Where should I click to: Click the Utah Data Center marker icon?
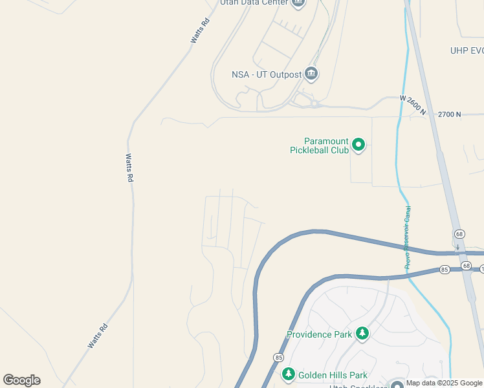click(x=298, y=3)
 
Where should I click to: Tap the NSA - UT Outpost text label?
click(x=267, y=74)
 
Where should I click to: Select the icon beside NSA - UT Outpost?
click(x=311, y=74)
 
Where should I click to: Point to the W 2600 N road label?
click(x=413, y=105)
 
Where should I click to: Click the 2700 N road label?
click(x=450, y=114)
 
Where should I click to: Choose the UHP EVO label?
click(x=467, y=50)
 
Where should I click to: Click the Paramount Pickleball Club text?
click(x=327, y=145)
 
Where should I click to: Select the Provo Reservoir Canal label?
click(x=408, y=237)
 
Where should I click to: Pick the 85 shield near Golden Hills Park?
click(x=278, y=357)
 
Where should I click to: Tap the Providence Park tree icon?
click(x=363, y=334)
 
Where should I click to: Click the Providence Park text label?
click(x=320, y=334)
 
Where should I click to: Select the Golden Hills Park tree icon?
click(x=289, y=374)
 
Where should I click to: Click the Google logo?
click(x=21, y=380)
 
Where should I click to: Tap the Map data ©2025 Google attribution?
click(x=445, y=383)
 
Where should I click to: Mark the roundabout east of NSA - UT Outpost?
click(x=314, y=103)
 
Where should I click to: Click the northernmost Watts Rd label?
click(x=201, y=30)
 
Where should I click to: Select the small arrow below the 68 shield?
click(x=458, y=246)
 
